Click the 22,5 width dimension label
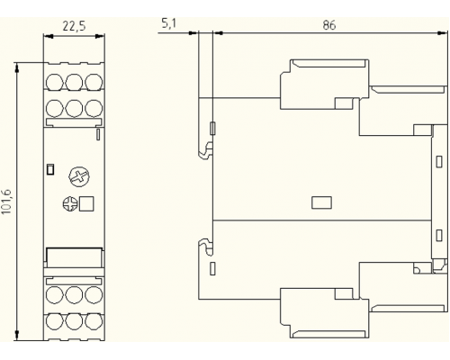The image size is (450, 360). (74, 26)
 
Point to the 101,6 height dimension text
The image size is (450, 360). (6, 202)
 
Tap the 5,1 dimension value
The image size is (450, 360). (168, 23)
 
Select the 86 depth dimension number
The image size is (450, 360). (328, 25)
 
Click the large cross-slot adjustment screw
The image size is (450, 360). (79, 177)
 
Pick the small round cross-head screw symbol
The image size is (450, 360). (69, 204)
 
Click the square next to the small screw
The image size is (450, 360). (86, 204)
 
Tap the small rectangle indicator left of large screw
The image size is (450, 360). (50, 169)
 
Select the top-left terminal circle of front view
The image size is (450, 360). (55, 81)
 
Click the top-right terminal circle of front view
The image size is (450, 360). (94, 81)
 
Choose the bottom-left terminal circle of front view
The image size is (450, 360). (55, 321)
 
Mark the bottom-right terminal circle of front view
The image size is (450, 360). (94, 321)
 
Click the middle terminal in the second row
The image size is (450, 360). (74, 108)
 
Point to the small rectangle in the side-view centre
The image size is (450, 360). (321, 202)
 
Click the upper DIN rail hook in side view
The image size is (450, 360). (206, 150)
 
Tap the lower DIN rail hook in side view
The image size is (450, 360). (206, 247)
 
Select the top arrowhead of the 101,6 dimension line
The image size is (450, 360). (17, 67)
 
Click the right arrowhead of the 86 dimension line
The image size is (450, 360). (441, 33)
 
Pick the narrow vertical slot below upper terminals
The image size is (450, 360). (98, 134)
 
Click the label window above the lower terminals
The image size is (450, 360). (74, 255)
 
